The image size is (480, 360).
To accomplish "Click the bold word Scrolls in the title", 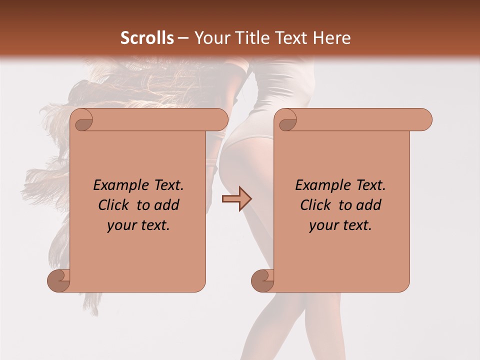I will pos(147,38).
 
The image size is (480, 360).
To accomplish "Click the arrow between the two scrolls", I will pos(236,199).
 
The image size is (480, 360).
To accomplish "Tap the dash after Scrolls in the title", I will pos(183,38).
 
